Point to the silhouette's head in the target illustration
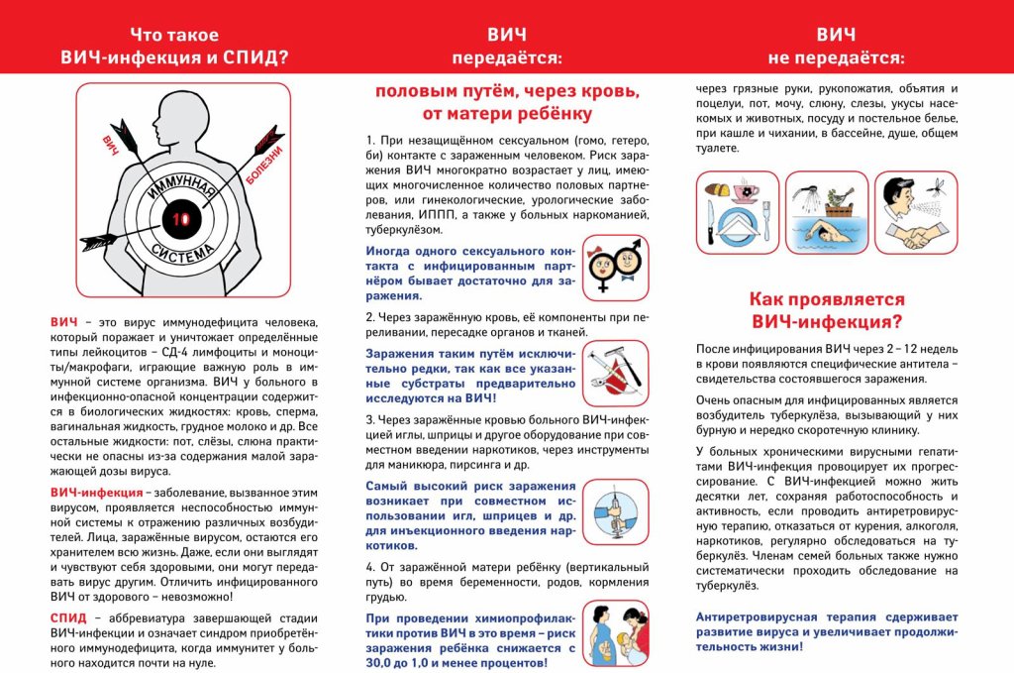pos(182,109)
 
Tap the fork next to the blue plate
pos(764,222)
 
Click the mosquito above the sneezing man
pos(940,184)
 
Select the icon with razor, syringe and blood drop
pos(615,373)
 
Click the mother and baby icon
pos(615,631)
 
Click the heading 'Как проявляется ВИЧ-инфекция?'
pos(827,309)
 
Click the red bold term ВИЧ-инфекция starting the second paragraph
pos(96,492)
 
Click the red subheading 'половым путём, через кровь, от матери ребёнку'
pos(506,102)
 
